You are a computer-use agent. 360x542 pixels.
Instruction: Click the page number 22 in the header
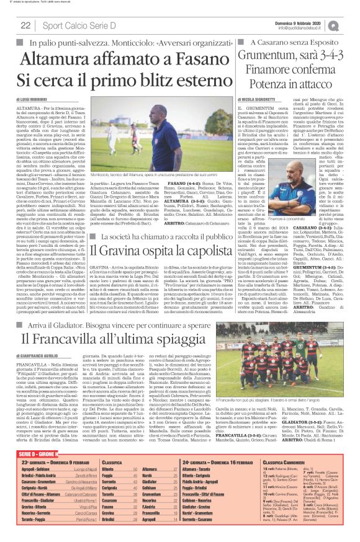coord(26,25)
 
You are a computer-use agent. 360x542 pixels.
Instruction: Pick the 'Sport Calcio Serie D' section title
coord(74,25)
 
